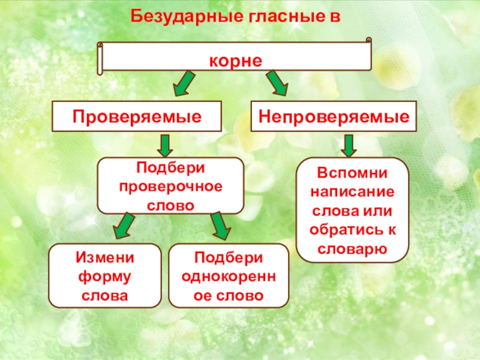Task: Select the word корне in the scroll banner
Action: click(x=236, y=61)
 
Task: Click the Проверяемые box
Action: click(x=137, y=116)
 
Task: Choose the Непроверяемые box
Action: click(x=334, y=116)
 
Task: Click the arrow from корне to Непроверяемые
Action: click(x=277, y=83)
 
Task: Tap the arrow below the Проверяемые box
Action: click(x=166, y=145)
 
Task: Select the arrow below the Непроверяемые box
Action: click(x=349, y=145)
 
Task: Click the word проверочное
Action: click(x=170, y=186)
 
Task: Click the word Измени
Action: click(x=104, y=257)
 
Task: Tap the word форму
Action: click(x=104, y=277)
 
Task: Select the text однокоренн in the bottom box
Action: click(x=229, y=277)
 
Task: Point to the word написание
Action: click(x=353, y=193)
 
